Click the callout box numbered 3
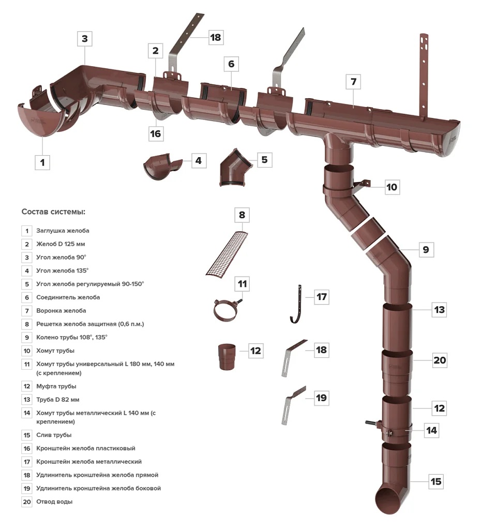pyautogui.click(x=85, y=39)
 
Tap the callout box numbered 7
pyautogui.click(x=353, y=82)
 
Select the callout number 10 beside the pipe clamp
pyautogui.click(x=392, y=187)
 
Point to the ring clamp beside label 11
pyautogui.click(x=227, y=310)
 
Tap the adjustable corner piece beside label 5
pyautogui.click(x=233, y=167)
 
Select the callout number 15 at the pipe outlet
pyautogui.click(x=436, y=481)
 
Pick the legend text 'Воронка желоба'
pyautogui.click(x=61, y=311)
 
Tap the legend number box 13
pyautogui.click(x=26, y=400)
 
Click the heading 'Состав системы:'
pyautogui.click(x=53, y=211)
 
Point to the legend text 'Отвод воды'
pyautogui.click(x=54, y=502)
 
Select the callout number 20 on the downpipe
pyautogui.click(x=439, y=360)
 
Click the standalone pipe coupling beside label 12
pyautogui.click(x=227, y=356)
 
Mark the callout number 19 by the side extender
pyautogui.click(x=321, y=398)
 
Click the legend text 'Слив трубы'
pyautogui.click(x=54, y=435)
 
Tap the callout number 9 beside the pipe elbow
pyautogui.click(x=425, y=250)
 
